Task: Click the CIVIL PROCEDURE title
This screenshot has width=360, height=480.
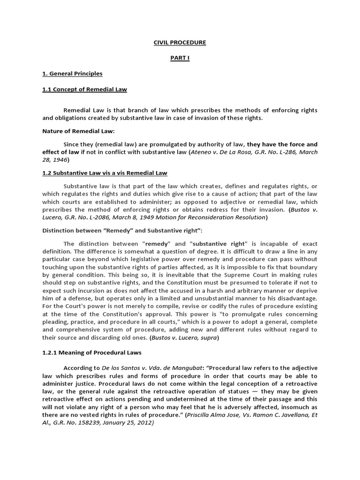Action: (180, 43)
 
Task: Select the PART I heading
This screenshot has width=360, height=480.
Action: (180, 58)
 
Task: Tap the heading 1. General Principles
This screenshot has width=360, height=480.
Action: (72, 74)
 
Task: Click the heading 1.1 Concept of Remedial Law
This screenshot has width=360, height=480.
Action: (84, 89)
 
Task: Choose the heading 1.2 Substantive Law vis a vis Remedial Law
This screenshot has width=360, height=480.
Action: (105, 173)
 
